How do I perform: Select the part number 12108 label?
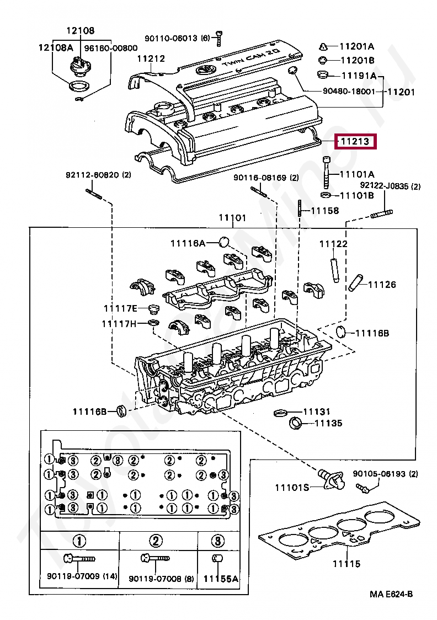[81, 31]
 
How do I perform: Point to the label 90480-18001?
[349, 92]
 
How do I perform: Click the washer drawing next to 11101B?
[326, 195]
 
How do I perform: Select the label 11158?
[324, 210]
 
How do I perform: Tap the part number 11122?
[334, 244]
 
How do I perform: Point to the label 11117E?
[120, 308]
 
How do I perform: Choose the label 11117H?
[118, 324]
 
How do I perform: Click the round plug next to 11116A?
[223, 242]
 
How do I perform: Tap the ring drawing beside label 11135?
[296, 424]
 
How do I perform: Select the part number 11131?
[316, 411]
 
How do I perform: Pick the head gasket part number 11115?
[346, 564]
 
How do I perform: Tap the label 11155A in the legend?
[220, 579]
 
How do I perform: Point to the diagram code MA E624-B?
[391, 594]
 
